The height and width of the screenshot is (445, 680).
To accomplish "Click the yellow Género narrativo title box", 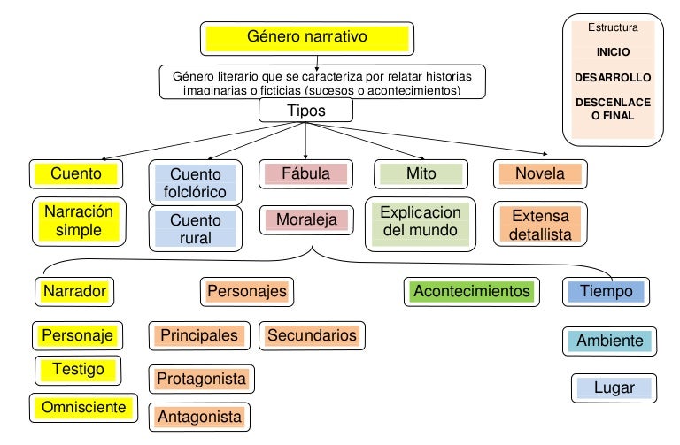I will pos(306,38).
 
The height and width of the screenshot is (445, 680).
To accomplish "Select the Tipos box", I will pos(305,111).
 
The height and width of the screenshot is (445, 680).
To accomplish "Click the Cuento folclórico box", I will pos(197,183).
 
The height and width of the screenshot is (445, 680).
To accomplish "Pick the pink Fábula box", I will pos(305,173).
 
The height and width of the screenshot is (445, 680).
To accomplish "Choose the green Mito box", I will pos(421,173).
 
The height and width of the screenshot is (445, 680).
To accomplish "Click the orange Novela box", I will pos(539,173).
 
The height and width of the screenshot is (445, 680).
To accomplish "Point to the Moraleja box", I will pos(305,219).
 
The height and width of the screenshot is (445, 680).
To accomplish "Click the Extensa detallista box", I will pos(540,225).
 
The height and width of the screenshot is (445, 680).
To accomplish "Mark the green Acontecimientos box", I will pos(472,291).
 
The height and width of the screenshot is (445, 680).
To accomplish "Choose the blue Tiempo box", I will pos(606,290).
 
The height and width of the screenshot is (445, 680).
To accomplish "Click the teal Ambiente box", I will pos(609,341).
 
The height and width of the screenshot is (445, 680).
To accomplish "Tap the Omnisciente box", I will pos(85,407).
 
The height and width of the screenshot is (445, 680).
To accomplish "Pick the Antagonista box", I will pos(199,416).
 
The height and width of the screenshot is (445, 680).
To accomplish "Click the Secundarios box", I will pos(312,335).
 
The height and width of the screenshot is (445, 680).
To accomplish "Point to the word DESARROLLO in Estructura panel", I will pos(613,77).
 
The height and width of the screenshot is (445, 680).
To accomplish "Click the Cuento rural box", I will pos(197,228).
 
